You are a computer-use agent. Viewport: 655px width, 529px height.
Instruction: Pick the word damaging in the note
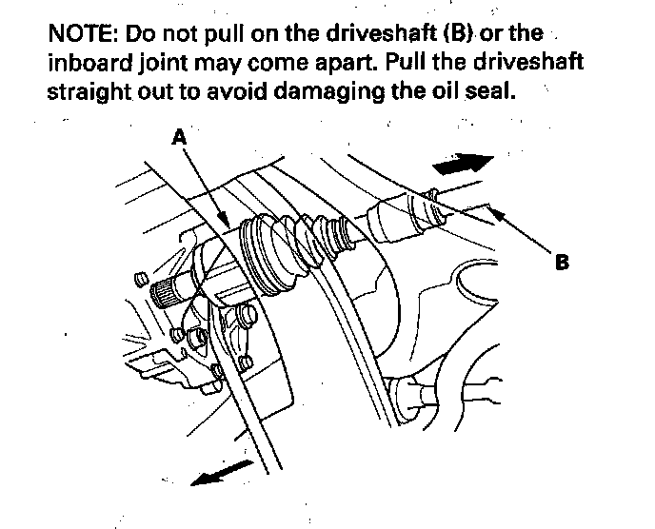tap(329, 92)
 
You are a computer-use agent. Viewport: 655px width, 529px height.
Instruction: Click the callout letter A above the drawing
tap(179, 136)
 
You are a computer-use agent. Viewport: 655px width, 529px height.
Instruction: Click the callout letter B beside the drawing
tap(562, 263)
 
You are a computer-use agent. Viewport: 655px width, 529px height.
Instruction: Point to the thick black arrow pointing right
tap(464, 164)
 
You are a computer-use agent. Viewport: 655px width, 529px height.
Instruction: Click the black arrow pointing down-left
tap(222, 473)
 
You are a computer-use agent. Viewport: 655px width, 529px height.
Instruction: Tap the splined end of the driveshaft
tap(164, 293)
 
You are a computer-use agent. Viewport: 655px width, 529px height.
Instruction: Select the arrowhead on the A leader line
tap(222, 219)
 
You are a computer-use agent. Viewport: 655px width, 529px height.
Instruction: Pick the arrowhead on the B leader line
tap(497, 213)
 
